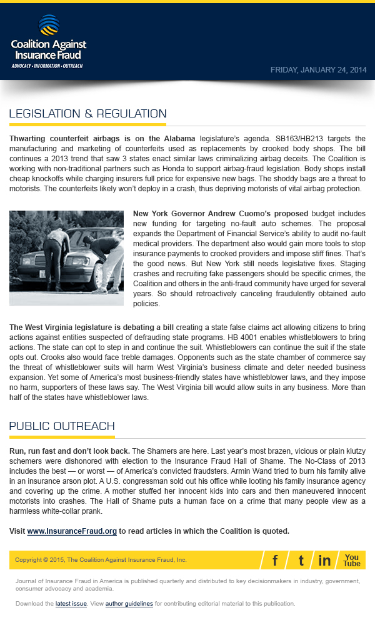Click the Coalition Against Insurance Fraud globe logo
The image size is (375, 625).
pos(49,26)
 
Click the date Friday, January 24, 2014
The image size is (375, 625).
pos(318,70)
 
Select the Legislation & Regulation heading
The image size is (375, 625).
pos(87,114)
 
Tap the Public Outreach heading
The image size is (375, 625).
pos(62,426)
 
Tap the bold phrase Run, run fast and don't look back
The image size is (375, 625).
pos(69,451)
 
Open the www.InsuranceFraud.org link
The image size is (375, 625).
pos(72,531)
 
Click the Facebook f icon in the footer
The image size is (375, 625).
pos(275,560)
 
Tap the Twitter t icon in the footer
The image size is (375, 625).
pos(301,560)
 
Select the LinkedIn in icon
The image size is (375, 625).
pos(324,560)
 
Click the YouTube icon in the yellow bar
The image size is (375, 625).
pos(352,560)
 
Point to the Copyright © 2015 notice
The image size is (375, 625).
pos(101,560)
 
